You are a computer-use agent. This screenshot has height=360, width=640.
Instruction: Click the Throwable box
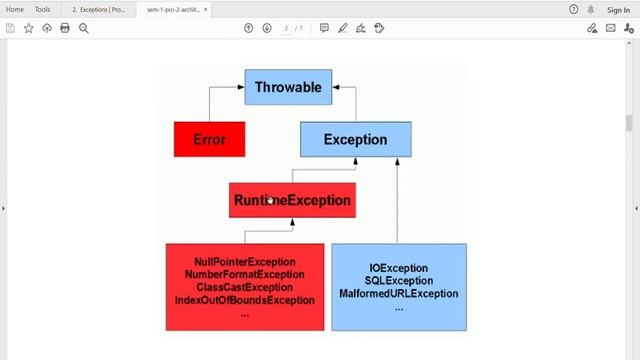288,88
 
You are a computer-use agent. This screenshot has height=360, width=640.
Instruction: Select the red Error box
209,140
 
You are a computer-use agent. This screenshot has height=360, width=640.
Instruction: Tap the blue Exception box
355,140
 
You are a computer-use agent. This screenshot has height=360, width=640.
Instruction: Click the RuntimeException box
292,200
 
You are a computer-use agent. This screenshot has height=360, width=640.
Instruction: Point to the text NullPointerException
245,262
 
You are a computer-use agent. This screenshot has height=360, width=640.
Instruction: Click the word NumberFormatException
245,275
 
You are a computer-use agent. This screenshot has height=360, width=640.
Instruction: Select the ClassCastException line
245,287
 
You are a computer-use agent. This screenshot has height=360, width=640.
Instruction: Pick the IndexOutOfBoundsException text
245,300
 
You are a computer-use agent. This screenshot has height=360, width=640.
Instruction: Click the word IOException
398,269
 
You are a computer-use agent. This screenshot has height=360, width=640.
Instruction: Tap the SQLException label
398,281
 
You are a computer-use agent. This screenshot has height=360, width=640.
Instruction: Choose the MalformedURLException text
398,294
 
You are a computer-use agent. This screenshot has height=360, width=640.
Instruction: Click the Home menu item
15,9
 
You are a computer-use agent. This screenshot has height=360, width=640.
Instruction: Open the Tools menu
43,9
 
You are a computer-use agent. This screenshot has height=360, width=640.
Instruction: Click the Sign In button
618,9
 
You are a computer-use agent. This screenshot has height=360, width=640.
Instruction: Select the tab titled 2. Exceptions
98,9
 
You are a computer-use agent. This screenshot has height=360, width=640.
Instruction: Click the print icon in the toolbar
65,28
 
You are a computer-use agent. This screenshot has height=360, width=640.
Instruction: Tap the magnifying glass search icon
84,28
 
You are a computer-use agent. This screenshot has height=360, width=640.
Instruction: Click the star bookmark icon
28,28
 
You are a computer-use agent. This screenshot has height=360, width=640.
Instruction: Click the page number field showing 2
286,28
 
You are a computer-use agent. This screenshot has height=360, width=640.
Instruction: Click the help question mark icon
573,9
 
